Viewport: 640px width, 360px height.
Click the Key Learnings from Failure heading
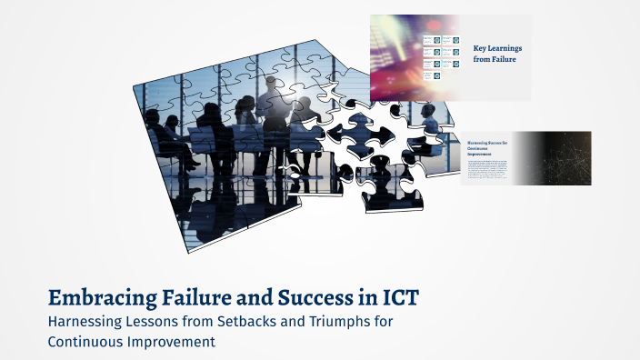point(497,53)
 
